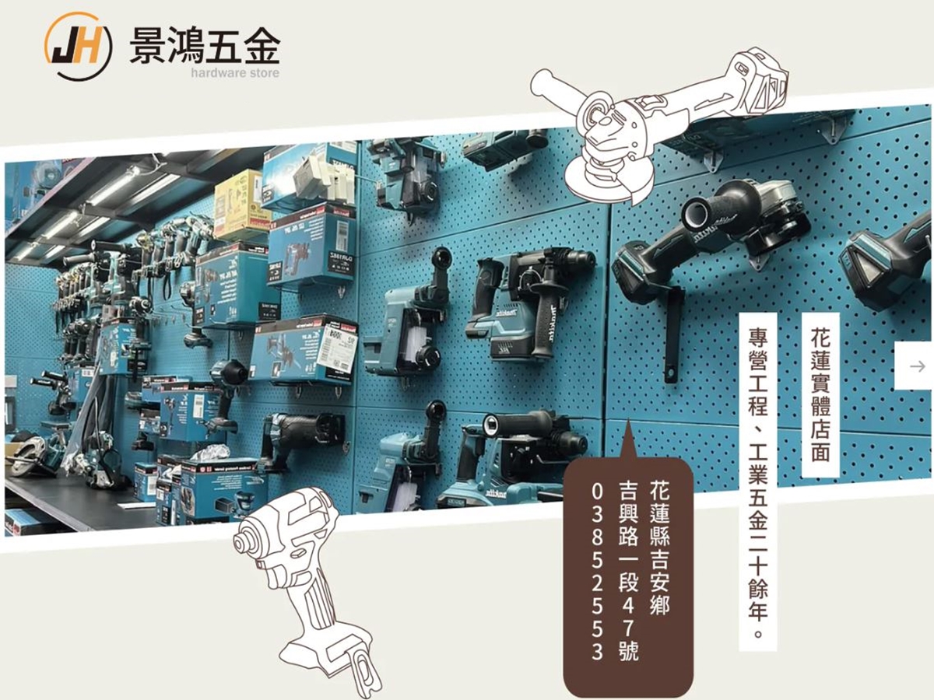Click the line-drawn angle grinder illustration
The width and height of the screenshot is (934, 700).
tap(662, 117)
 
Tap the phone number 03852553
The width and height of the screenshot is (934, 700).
tap(597, 571)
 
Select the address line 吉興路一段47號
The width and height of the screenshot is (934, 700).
tap(627, 571)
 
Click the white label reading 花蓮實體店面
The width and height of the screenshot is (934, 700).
tap(820, 394)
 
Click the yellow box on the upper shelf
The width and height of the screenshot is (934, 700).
tap(241, 204)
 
